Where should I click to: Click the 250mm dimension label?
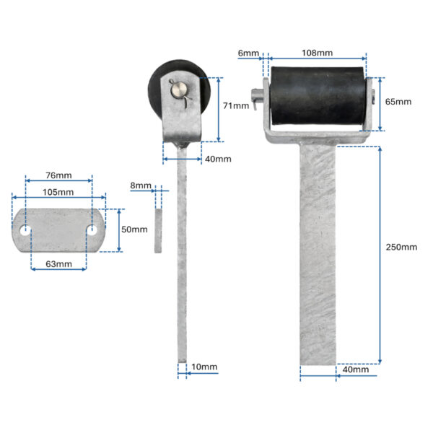tap(401, 247)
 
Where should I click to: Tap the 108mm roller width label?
tap(317, 53)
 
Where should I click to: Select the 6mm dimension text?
tap(248, 53)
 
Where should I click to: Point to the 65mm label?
tap(398, 102)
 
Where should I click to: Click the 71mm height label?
tap(236, 106)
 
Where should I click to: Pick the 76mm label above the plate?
tap(58, 175)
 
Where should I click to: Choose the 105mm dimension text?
tap(58, 192)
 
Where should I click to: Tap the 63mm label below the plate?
tap(58, 264)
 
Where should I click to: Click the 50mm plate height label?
tap(134, 229)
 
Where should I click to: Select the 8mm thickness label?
tap(141, 185)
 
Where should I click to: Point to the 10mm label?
tap(204, 367)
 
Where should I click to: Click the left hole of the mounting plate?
tap(25, 230)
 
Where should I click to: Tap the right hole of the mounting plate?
tap(92, 230)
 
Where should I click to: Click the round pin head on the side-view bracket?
tap(178, 89)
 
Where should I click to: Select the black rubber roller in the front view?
tap(318, 96)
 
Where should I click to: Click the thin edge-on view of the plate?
tap(158, 231)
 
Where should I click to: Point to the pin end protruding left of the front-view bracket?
tap(256, 96)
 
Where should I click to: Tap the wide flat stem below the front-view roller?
tap(318, 255)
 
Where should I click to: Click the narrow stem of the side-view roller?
tap(182, 255)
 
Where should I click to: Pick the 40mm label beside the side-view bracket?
tap(218, 159)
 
